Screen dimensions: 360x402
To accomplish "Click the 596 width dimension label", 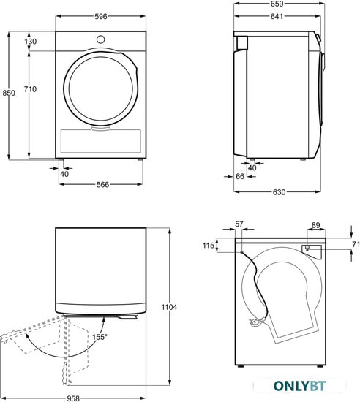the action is [100, 16].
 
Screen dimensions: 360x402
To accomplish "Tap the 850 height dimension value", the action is [9, 93].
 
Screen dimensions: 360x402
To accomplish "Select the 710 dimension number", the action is [30, 89].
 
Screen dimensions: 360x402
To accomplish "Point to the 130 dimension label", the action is [31, 41].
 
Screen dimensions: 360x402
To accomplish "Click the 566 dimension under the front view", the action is [102, 185].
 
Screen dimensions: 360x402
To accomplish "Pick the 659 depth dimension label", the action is [277, 4].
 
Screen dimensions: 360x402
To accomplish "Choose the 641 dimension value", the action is [277, 16].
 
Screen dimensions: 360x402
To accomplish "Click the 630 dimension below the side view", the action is [279, 192].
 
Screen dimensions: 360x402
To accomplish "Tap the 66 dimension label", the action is [240, 176].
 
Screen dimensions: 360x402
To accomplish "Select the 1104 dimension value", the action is [169, 307].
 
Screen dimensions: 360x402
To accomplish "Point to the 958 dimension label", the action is [73, 398].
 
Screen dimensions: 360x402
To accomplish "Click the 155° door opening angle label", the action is [100, 337].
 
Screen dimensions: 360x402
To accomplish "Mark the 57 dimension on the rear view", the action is [239, 224].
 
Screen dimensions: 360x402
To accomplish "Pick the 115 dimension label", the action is [209, 246].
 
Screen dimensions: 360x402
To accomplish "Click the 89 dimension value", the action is [316, 225].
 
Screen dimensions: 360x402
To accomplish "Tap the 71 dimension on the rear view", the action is [356, 245].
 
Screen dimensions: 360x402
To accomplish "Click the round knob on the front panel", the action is [100, 39].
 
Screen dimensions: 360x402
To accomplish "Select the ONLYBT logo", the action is [300, 386].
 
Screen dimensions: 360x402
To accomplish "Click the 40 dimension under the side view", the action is [252, 167].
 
